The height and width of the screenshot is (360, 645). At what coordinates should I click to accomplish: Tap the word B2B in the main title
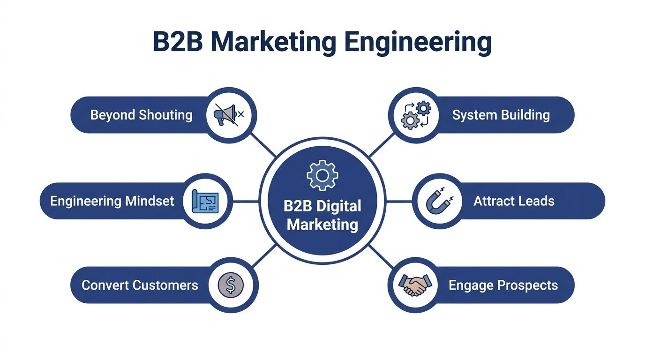tap(178, 42)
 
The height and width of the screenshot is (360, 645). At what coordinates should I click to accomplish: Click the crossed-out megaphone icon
tap(229, 114)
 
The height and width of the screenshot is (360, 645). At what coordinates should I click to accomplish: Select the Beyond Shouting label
tap(141, 115)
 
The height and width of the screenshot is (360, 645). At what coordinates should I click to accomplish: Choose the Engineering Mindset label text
tap(112, 202)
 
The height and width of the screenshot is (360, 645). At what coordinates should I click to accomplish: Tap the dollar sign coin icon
tap(231, 285)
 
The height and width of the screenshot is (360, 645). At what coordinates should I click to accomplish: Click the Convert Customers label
tap(140, 285)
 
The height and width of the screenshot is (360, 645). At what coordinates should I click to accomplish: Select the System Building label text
tap(501, 115)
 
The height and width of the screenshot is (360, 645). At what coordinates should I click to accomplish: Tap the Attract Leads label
tap(514, 202)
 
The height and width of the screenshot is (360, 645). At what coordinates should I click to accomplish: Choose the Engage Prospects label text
tap(503, 285)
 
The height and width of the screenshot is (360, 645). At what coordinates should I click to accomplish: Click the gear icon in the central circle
tap(322, 175)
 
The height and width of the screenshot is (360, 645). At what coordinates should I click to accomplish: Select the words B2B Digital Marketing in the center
tap(322, 215)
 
